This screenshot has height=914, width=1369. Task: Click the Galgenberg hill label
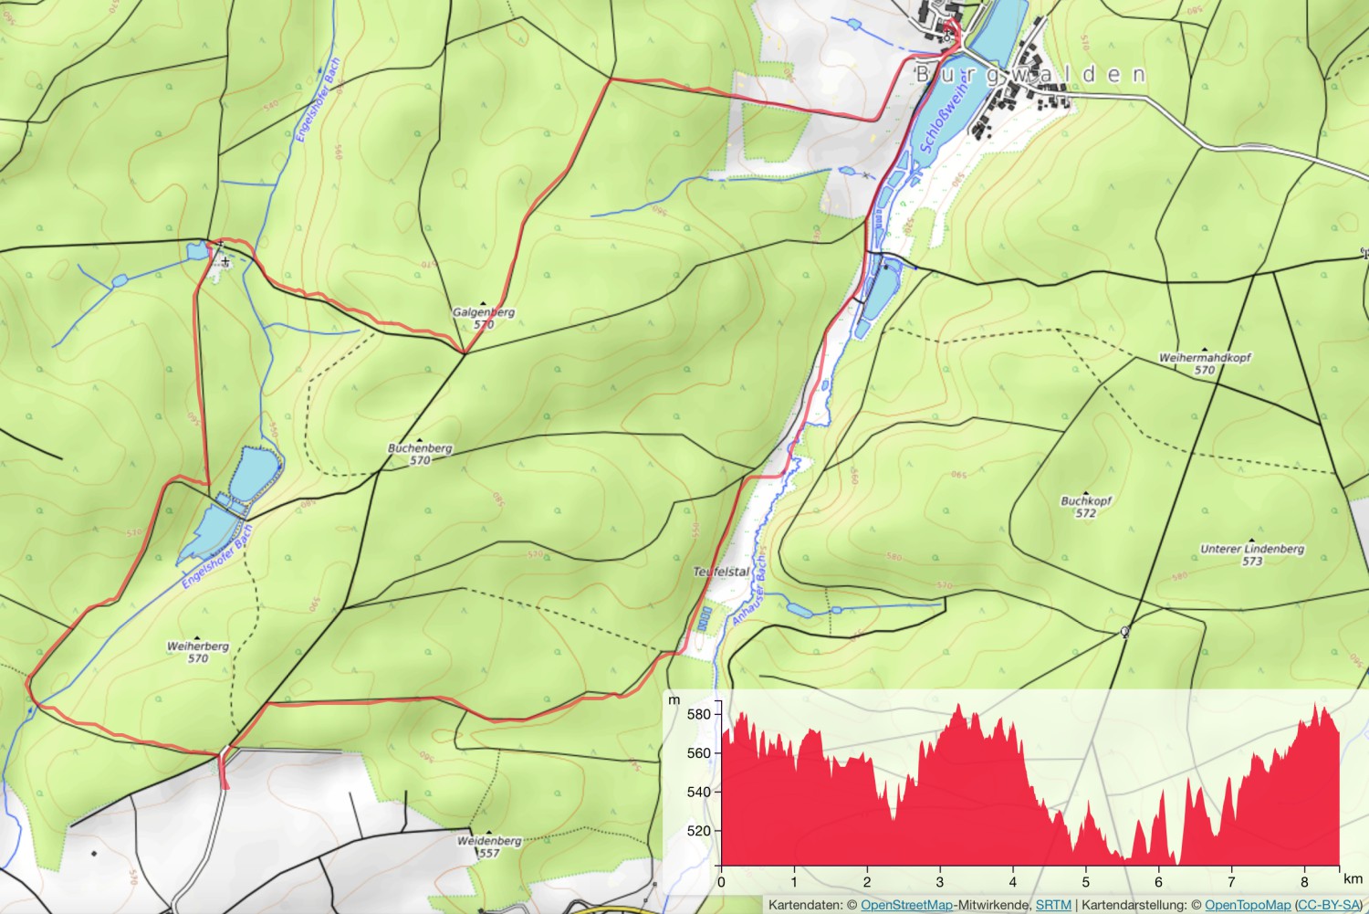(x=484, y=312)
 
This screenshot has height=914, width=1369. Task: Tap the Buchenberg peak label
(x=420, y=448)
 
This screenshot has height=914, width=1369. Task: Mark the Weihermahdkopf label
(x=1205, y=358)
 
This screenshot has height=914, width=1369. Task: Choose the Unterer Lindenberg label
(x=1252, y=549)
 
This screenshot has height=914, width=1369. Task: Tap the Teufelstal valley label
(x=721, y=572)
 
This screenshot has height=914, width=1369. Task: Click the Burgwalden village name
(x=1030, y=75)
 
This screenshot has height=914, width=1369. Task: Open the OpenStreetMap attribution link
(x=906, y=905)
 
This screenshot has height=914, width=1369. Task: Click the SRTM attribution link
(x=1053, y=905)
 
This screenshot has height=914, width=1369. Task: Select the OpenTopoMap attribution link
(x=1248, y=905)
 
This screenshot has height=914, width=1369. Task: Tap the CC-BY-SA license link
(x=1329, y=905)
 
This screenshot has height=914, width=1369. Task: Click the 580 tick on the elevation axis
(x=698, y=714)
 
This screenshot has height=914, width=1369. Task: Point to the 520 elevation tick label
(x=698, y=831)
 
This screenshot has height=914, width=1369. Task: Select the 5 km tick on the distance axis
(x=1086, y=882)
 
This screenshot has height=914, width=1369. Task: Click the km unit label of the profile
(x=1353, y=878)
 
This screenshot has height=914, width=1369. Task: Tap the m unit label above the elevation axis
(x=674, y=700)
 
